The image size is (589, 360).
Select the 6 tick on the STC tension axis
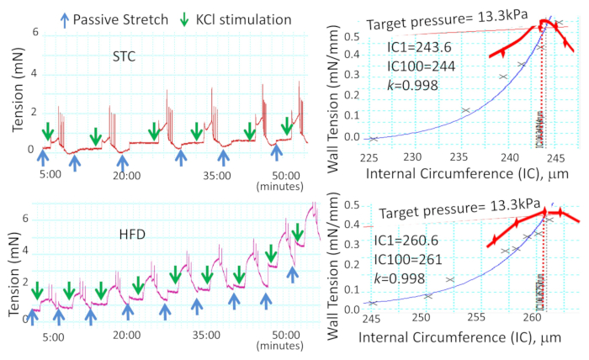[34, 33]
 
